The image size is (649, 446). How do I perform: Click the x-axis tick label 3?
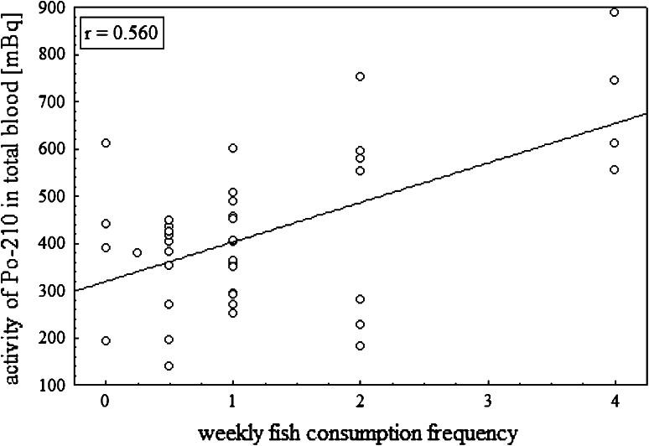487,402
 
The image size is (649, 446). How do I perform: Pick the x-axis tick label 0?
106,402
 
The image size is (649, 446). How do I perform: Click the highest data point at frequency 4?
615,12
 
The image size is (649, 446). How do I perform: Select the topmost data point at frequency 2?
360,76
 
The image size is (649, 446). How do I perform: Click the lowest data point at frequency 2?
360,345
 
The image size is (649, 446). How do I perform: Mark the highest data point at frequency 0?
106,143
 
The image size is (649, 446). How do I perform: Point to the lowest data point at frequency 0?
106,340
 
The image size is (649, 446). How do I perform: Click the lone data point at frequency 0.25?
138,252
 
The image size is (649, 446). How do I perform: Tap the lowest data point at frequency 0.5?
169,366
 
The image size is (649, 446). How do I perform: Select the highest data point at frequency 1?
233,148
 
